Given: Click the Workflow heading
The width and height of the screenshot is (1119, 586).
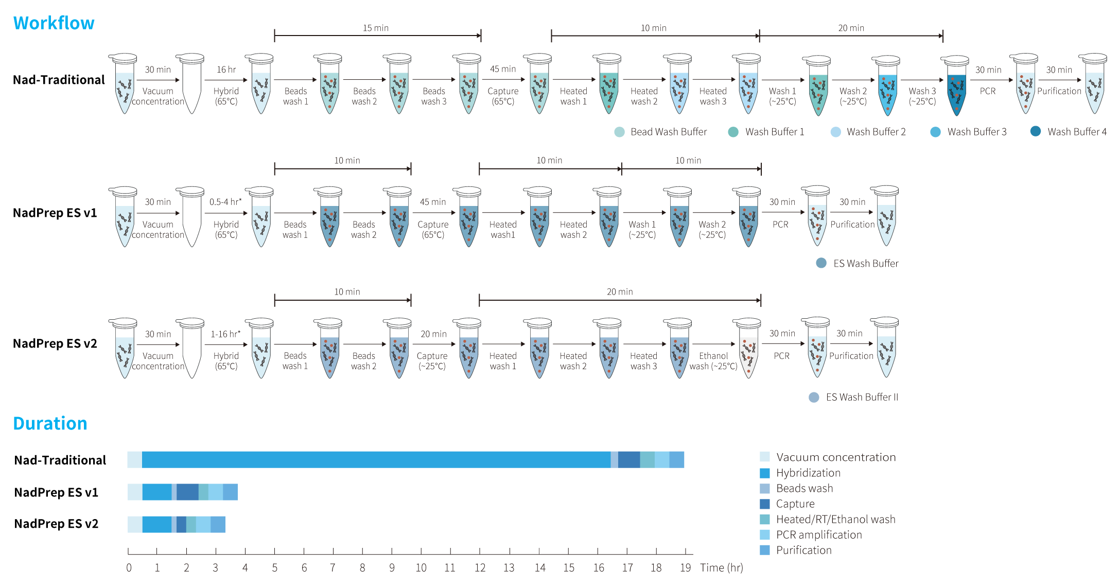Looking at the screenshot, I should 54,23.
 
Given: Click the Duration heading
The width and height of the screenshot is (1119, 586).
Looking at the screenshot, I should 50,423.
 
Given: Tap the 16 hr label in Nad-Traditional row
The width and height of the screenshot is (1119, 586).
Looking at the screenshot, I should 226,70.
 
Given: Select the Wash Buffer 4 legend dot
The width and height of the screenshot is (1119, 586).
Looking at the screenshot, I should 1035,131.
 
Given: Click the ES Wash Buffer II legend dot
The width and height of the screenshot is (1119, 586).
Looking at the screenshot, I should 814,397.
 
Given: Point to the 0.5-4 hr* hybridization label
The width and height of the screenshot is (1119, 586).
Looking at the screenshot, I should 225,202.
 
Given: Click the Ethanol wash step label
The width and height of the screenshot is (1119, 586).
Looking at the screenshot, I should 713,361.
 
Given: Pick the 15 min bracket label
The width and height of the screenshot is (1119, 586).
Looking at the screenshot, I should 376,28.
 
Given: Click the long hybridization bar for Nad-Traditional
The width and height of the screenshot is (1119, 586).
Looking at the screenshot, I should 376,460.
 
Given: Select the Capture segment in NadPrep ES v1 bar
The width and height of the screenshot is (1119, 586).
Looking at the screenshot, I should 187,492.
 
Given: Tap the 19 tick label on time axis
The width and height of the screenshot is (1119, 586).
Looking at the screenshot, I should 685,567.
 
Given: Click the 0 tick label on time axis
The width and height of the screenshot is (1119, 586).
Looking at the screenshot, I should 129,567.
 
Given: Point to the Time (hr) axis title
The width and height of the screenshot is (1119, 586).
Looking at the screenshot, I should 722,567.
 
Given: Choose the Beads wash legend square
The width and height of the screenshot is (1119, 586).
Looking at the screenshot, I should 765,488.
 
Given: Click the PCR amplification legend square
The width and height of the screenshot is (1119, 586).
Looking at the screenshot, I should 765,535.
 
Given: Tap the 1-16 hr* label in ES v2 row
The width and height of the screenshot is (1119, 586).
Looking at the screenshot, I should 225,334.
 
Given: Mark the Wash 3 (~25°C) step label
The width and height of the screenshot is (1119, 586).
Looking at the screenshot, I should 922,96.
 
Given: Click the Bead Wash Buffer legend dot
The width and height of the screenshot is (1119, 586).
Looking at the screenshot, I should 620,132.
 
